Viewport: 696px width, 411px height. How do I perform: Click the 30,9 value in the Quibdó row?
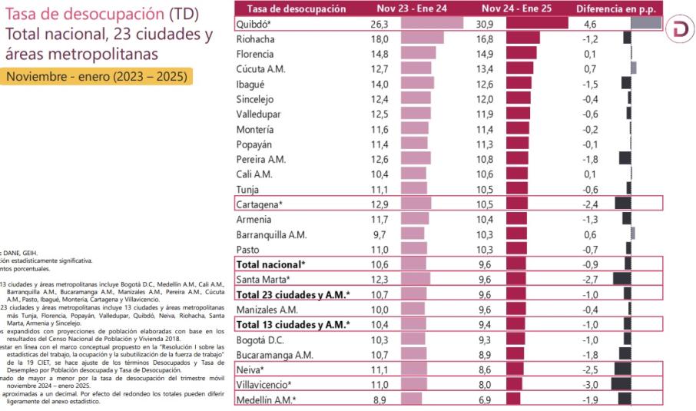coord(492,23)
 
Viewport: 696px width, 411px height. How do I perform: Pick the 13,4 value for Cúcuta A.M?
coord(492,68)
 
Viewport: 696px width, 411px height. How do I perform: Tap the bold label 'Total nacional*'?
coord(270,264)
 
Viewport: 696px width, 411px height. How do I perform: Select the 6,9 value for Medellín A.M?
coord(492,399)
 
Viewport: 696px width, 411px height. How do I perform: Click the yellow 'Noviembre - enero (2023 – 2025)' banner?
coord(96,78)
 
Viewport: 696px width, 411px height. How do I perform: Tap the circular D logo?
coord(679,29)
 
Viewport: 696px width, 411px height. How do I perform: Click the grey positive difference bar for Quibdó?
coord(646,23)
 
